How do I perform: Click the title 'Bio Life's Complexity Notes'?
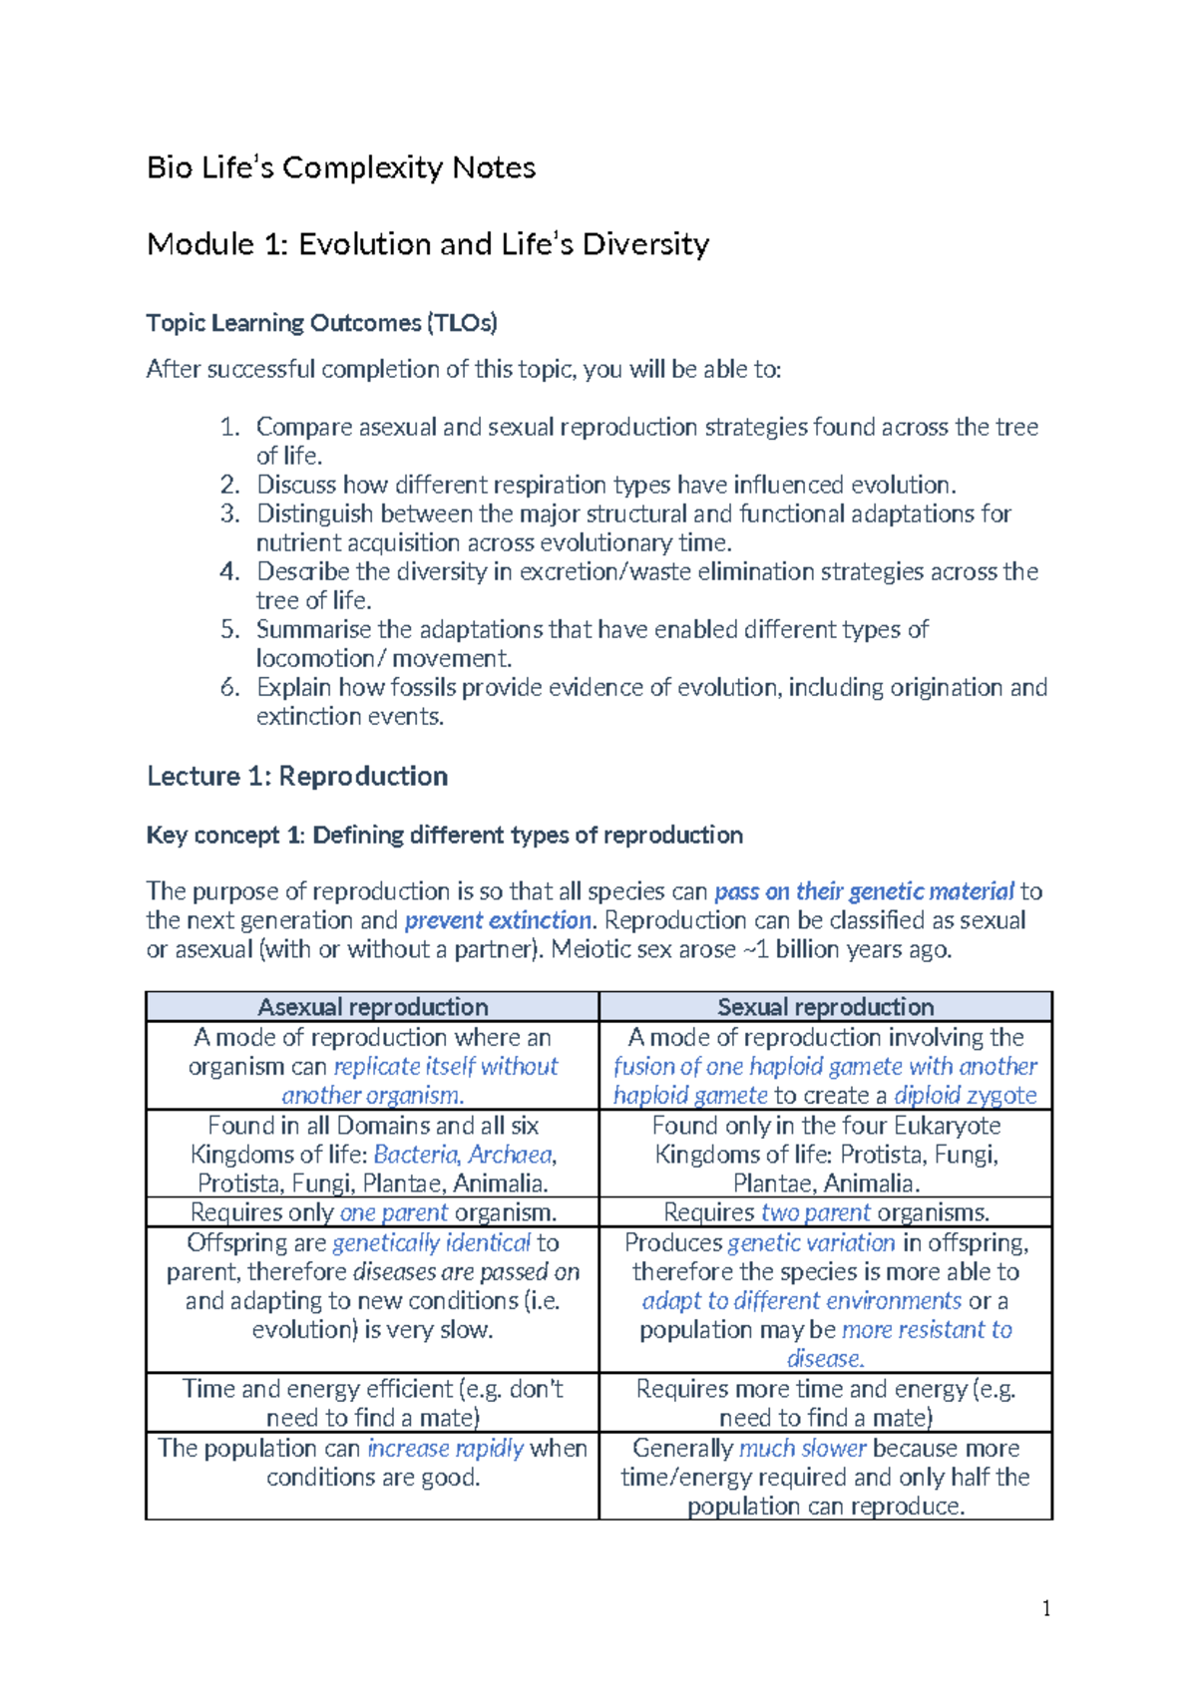pyautogui.click(x=341, y=168)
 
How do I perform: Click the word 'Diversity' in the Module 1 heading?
pyautogui.click(x=645, y=244)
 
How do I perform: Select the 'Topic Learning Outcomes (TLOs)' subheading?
pyautogui.click(x=321, y=323)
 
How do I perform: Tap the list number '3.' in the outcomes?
pyautogui.click(x=230, y=513)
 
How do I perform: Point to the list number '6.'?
pyautogui.click(x=230, y=687)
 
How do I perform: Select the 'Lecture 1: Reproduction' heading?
pyautogui.click(x=297, y=776)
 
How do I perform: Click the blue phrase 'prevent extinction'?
pyautogui.click(x=498, y=920)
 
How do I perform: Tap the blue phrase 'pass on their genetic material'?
pyautogui.click(x=864, y=891)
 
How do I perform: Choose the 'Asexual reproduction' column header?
pyautogui.click(x=372, y=1007)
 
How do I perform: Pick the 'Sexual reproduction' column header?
pyautogui.click(x=825, y=1007)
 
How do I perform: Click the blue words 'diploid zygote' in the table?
pyautogui.click(x=965, y=1095)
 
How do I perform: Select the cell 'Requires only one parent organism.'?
pyautogui.click(x=373, y=1212)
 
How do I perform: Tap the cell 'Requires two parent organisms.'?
pyautogui.click(x=826, y=1212)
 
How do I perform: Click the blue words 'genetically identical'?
pyautogui.click(x=431, y=1242)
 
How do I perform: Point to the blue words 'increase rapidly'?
pyautogui.click(x=445, y=1448)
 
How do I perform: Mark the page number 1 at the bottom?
pyautogui.click(x=1045, y=1607)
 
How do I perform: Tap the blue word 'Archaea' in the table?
pyautogui.click(x=510, y=1155)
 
